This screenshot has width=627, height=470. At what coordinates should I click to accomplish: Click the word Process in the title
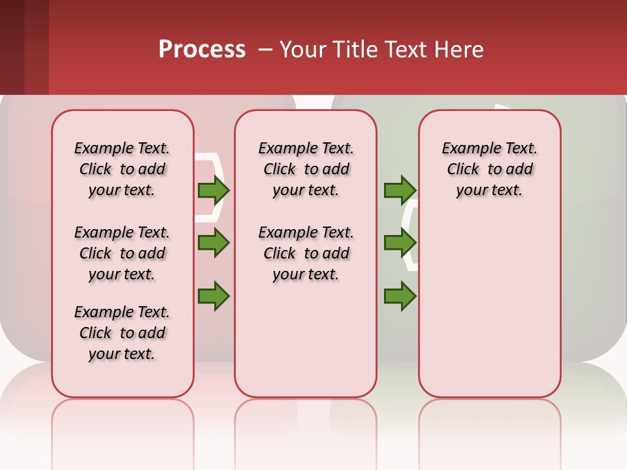pos(202,50)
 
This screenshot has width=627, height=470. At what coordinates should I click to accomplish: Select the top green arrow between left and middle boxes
pos(214,190)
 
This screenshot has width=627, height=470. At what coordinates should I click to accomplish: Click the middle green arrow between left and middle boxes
pos(214,243)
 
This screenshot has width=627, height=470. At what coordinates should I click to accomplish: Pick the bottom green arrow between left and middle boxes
pos(214,296)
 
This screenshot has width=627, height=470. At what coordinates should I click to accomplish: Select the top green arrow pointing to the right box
pos(400,190)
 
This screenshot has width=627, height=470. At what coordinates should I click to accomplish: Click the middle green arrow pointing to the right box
pos(400,243)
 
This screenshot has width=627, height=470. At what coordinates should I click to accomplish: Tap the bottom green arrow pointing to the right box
pos(400,296)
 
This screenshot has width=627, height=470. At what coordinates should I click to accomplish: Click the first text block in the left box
pos(122,169)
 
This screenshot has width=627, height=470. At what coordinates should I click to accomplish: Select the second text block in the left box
pos(122,253)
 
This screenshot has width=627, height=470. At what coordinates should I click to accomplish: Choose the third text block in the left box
pos(122,333)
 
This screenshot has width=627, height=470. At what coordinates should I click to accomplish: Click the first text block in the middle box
pos(306,169)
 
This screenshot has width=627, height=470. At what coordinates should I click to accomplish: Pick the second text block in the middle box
pos(306,253)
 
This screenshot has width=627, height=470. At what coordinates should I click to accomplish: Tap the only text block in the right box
pos(489,169)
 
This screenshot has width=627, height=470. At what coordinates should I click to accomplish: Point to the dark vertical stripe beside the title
pos(36,47)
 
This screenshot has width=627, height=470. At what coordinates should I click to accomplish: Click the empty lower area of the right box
pos(489,307)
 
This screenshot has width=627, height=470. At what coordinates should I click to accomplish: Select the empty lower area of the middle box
pos(306,339)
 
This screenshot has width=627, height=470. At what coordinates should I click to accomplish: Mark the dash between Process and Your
pos(265,50)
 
